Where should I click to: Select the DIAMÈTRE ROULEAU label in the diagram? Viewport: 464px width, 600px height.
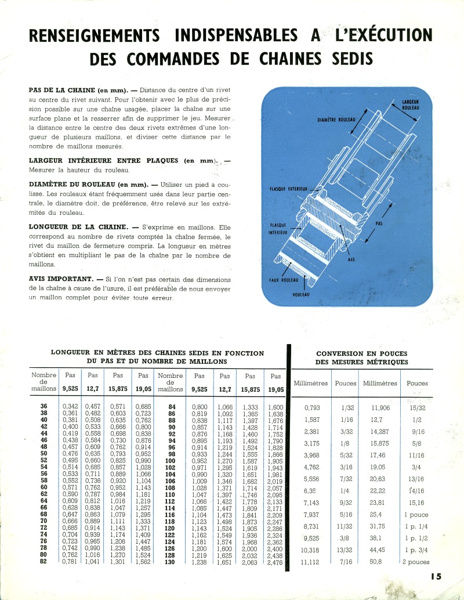336,120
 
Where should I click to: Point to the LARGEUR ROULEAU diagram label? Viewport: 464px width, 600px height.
410,104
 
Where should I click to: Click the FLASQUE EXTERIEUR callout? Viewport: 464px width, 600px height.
288,189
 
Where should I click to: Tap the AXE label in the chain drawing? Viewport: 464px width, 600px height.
351,259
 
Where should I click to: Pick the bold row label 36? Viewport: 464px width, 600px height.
45,406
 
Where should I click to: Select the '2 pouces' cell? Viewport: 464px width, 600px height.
416,562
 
